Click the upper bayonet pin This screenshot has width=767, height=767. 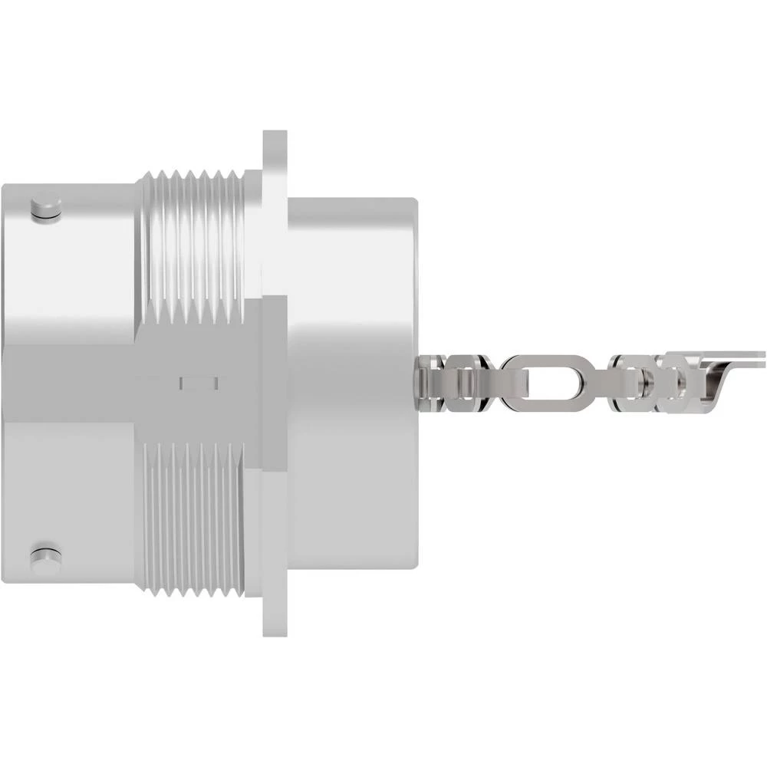(x=47, y=210)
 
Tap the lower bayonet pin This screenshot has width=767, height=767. (x=45, y=555)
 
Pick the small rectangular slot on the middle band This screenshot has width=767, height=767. (x=199, y=382)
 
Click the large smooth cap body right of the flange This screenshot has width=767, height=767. (x=353, y=307)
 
